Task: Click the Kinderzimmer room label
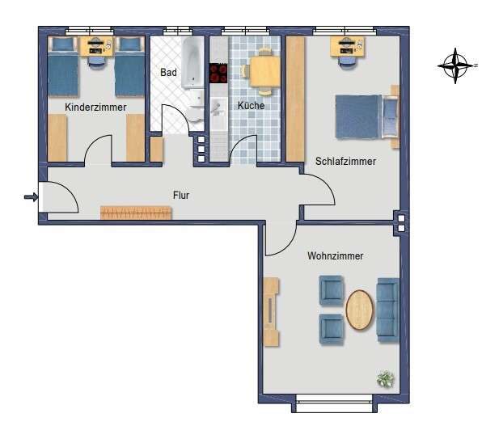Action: tap(95, 108)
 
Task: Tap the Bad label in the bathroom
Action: tap(168, 73)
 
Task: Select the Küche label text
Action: tap(252, 105)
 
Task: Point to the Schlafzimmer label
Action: tap(345, 162)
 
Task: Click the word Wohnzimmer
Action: tap(336, 255)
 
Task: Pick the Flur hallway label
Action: tap(181, 195)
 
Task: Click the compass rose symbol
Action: tap(456, 65)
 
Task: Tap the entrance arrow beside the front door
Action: tap(31, 196)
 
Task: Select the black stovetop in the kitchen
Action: tap(218, 73)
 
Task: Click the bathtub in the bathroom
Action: tap(192, 62)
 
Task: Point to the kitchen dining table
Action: tap(264, 72)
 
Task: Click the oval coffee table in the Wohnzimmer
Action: tap(360, 310)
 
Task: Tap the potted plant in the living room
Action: tap(386, 379)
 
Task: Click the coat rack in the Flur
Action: tap(136, 213)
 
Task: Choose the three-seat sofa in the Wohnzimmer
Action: tap(388, 310)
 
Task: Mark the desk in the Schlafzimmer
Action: tap(348, 47)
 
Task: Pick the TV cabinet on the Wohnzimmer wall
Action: tap(271, 312)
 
